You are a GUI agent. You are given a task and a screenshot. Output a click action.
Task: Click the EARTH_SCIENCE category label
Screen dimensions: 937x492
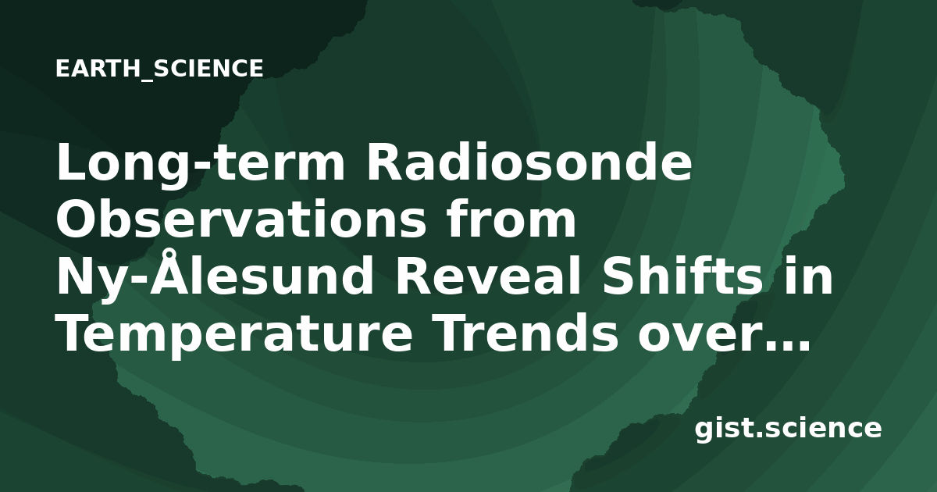(x=159, y=69)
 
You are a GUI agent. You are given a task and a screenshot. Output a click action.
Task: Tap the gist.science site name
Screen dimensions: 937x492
(x=788, y=430)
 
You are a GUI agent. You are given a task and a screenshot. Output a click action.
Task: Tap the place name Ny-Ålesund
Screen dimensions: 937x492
(x=215, y=274)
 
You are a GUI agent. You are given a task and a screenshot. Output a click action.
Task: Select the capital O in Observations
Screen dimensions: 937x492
(x=77, y=219)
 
